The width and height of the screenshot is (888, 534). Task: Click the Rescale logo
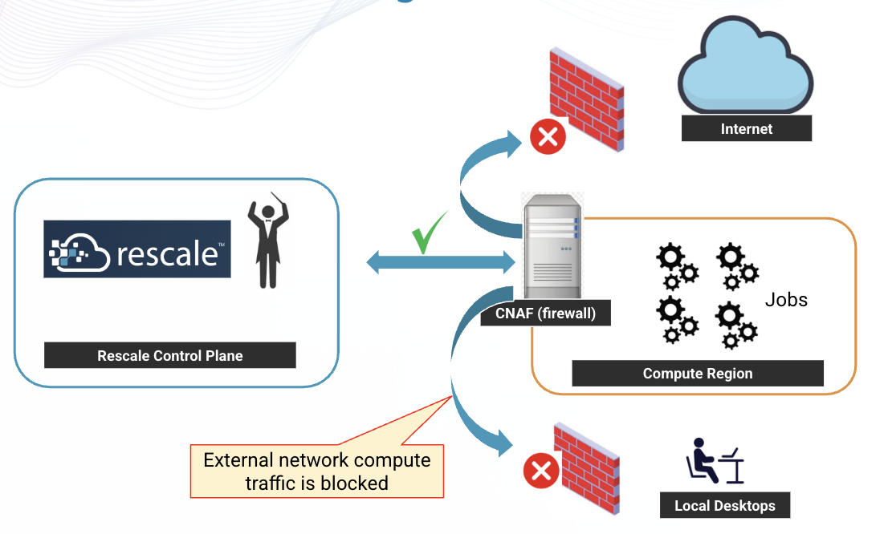pyautogui.click(x=137, y=249)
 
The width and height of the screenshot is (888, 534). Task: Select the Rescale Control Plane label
pyautogui.click(x=169, y=355)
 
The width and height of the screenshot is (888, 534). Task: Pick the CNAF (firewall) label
pyautogui.click(x=545, y=314)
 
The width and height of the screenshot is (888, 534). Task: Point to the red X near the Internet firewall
pyautogui.click(x=548, y=137)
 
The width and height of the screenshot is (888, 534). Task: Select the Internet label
pyautogui.click(x=746, y=128)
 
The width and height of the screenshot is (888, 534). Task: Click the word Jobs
pyautogui.click(x=785, y=300)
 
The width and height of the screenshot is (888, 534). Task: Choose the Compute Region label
pyautogui.click(x=697, y=374)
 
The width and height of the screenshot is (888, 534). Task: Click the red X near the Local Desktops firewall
pyautogui.click(x=541, y=471)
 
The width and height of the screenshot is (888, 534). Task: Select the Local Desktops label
pyautogui.click(x=724, y=506)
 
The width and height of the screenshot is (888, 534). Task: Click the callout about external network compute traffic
pyautogui.click(x=316, y=471)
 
